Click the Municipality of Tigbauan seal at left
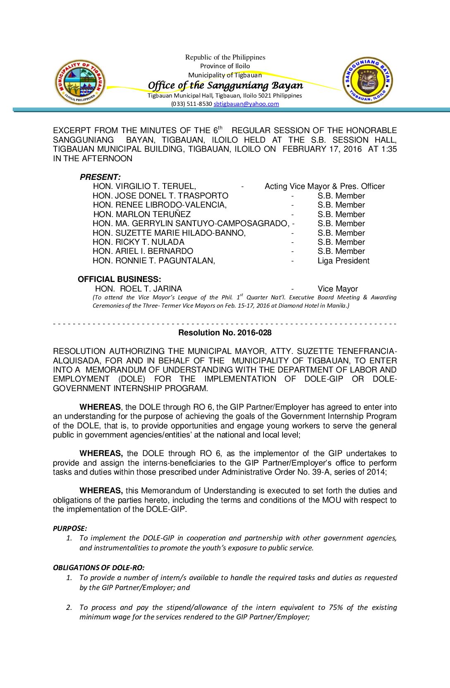[x=80, y=81]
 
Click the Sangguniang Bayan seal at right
[x=367, y=80]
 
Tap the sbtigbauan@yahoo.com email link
[x=246, y=104]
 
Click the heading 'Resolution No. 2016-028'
[x=225, y=332]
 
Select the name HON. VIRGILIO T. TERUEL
[x=144, y=186]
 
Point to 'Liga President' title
[x=343, y=261]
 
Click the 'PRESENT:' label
[x=100, y=177]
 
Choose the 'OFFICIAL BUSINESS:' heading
[x=119, y=279]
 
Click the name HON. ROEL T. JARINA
[x=138, y=289]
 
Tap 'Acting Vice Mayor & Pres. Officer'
[x=324, y=186]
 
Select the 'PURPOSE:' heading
[x=70, y=528]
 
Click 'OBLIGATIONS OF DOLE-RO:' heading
[x=98, y=568]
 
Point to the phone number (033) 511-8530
[x=191, y=104]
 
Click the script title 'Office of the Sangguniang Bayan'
[x=225, y=85]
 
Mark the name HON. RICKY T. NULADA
[x=139, y=242]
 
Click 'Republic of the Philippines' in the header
[x=225, y=57]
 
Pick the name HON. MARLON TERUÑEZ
[x=142, y=214]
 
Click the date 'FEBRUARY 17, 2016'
[x=322, y=149]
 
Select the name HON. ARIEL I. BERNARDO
[x=143, y=251]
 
